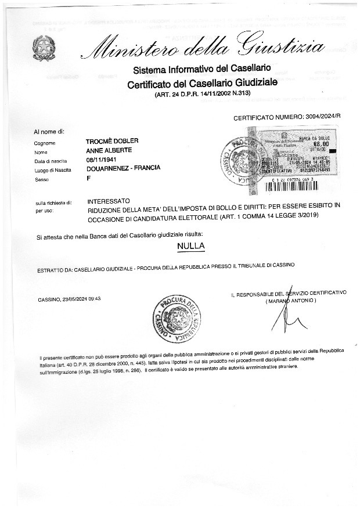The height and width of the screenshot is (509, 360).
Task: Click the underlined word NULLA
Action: click(191, 246)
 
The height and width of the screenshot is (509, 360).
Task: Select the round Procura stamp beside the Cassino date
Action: click(178, 318)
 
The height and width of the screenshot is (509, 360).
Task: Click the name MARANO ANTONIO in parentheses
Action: click(290, 301)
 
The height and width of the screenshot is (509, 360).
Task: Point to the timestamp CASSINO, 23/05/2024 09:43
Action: click(69, 299)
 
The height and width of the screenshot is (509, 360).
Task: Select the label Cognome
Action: click(45, 143)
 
